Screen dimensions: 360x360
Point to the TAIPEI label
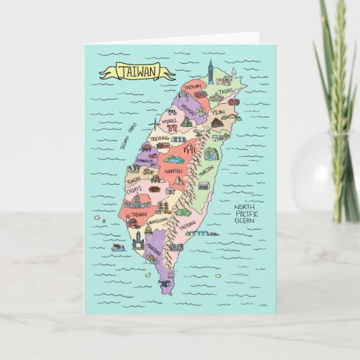pyautogui.click(x=225, y=90)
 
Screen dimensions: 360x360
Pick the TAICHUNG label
pyautogui.click(x=160, y=139)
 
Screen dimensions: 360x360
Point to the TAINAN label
pyautogui.click(x=139, y=213)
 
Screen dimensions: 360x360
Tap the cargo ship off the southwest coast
pyautogui.click(x=118, y=248)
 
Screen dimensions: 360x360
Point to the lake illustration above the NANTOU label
pyautogui.click(x=170, y=158)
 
